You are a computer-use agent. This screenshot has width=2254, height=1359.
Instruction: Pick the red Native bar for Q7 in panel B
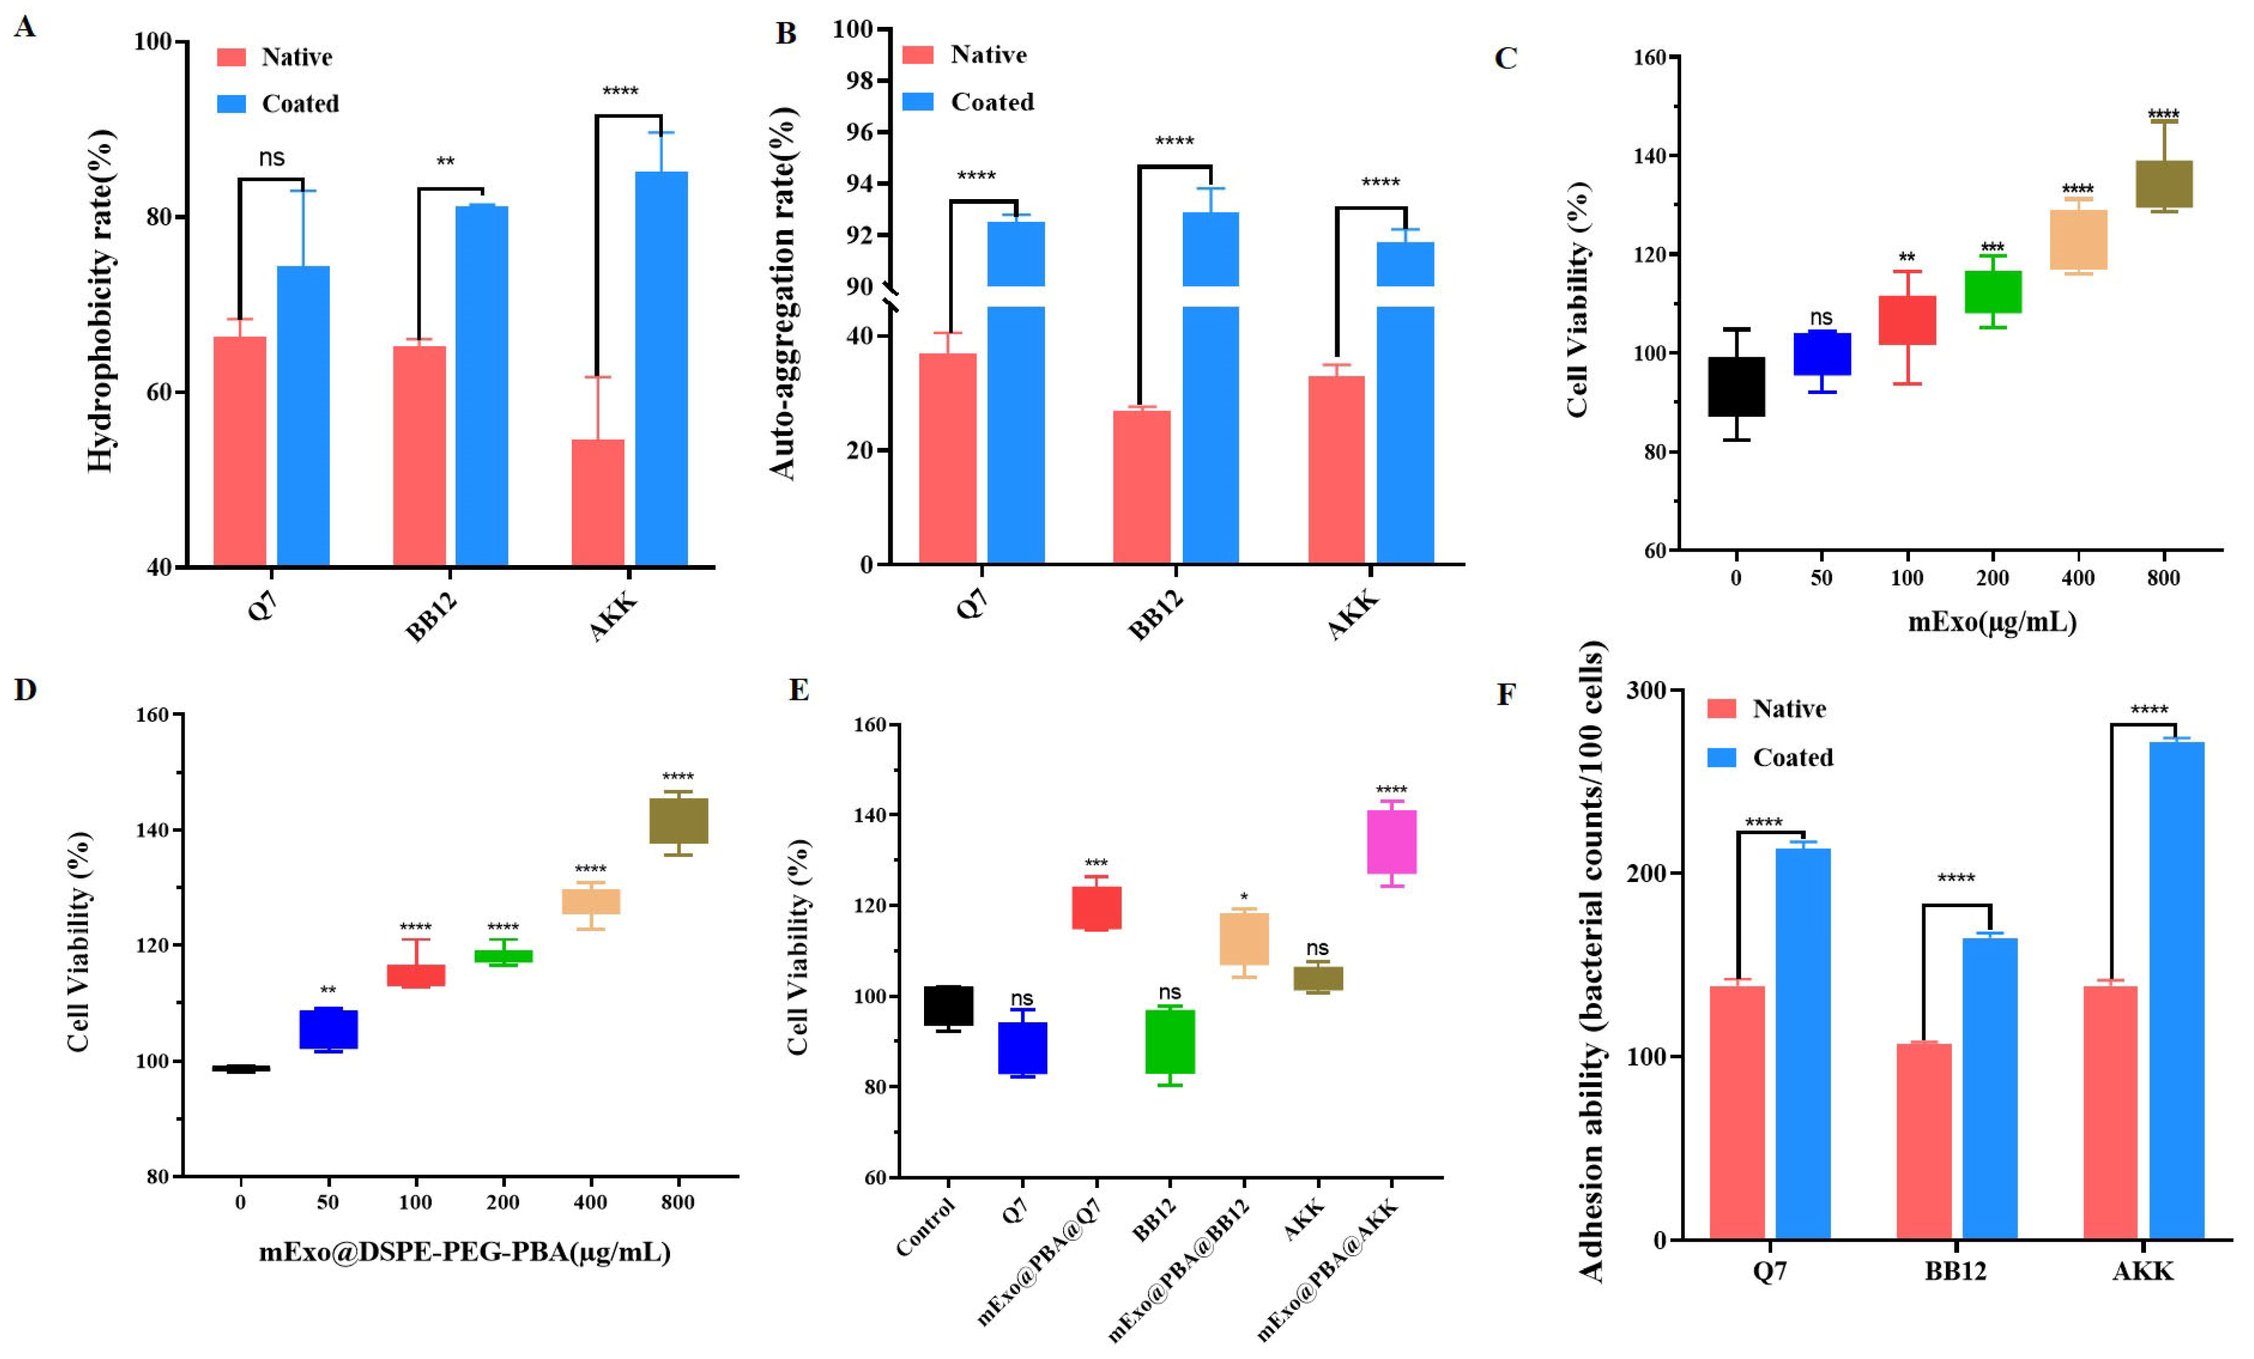pyautogui.click(x=948, y=458)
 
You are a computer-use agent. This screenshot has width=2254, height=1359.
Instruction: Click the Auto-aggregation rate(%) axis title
pyautogui.click(x=783, y=292)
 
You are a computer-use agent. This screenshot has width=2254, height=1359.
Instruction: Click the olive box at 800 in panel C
pyautogui.click(x=2163, y=184)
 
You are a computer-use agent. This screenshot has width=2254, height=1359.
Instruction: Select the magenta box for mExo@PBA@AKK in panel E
pyautogui.click(x=1391, y=842)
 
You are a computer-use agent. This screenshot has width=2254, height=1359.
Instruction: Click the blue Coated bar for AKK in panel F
pyautogui.click(x=2176, y=991)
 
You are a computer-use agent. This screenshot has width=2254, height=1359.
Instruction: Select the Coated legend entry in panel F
pyautogui.click(x=1771, y=757)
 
